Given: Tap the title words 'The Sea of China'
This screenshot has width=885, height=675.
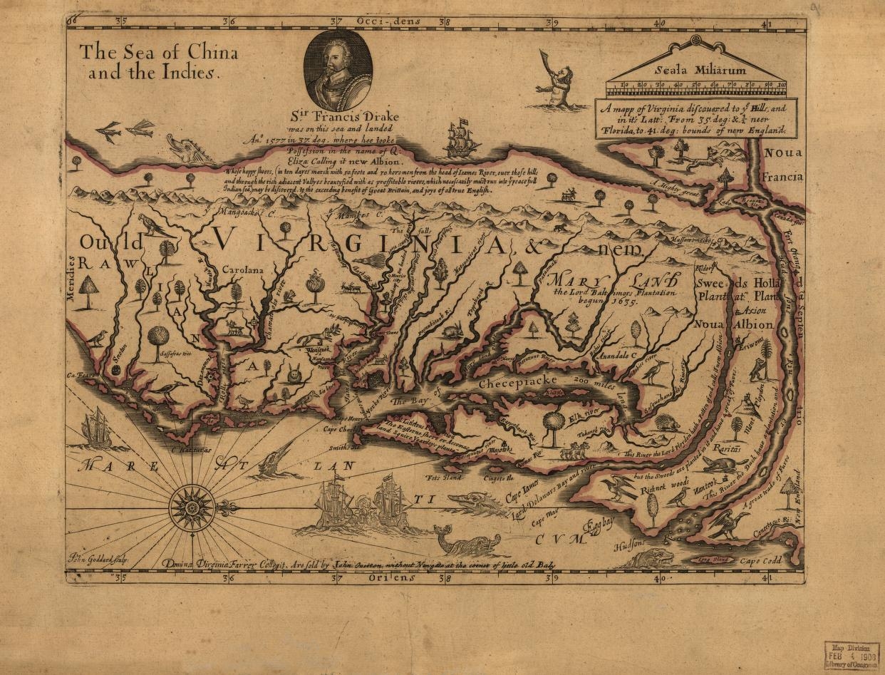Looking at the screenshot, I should pyautogui.click(x=158, y=53).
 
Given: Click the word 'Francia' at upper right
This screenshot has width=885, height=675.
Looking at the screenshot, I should pyautogui.click(x=782, y=174).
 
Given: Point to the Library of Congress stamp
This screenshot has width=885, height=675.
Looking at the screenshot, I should pyautogui.click(x=852, y=654).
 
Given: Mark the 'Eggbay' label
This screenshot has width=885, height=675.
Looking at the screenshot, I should pyautogui.click(x=599, y=525).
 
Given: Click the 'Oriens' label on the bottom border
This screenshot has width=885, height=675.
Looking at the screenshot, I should pyautogui.click(x=392, y=579).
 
